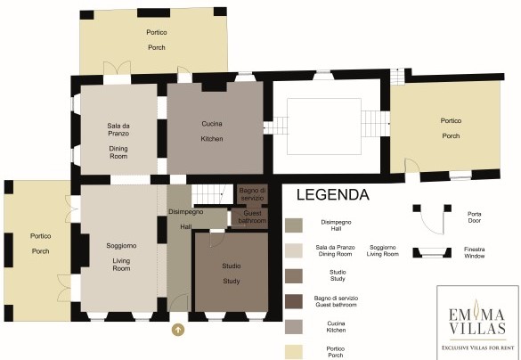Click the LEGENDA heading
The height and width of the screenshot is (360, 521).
click(x=332, y=195)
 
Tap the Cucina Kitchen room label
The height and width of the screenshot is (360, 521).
click(x=212, y=131)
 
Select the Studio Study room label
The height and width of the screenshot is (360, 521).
click(x=232, y=274)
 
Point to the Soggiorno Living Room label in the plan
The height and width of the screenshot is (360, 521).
click(x=121, y=257)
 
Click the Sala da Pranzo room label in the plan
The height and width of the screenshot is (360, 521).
click(x=118, y=129)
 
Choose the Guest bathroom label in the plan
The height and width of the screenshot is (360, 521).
click(x=252, y=217)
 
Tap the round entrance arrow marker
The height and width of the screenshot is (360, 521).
click(x=178, y=330)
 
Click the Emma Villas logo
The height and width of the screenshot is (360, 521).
click(x=477, y=323)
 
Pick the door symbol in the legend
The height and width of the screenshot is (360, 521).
click(x=432, y=219)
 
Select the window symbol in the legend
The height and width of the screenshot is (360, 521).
click(x=432, y=253)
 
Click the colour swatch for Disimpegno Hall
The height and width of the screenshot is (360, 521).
click(x=294, y=225)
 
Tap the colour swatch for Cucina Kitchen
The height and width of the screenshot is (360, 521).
click(x=294, y=327)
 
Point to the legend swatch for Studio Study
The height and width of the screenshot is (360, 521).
click(x=294, y=276)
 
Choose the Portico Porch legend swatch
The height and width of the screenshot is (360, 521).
click(x=294, y=352)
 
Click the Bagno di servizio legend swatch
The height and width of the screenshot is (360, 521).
click(x=294, y=301)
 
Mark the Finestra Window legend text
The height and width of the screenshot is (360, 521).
click(x=474, y=253)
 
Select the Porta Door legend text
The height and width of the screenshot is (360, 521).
click(x=474, y=217)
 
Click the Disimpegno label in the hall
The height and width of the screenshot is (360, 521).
click(x=186, y=212)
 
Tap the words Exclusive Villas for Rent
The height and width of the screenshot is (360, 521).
click(x=477, y=348)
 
